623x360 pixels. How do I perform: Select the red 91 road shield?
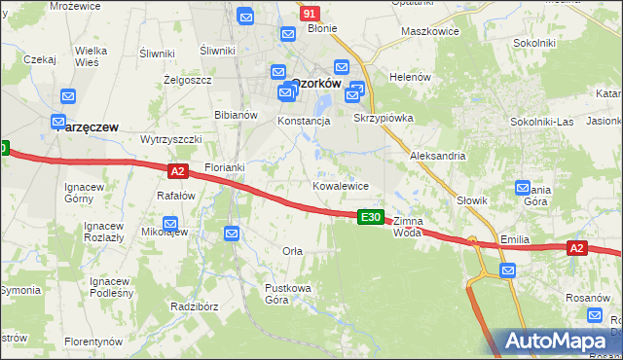click(x=309, y=14)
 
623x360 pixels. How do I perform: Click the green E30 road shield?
click(x=370, y=217)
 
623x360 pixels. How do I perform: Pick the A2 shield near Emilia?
click(x=576, y=248)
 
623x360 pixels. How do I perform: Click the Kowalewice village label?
click(x=340, y=185)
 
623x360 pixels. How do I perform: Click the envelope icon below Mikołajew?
click(x=232, y=234)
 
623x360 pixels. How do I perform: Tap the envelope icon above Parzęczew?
click(x=68, y=97)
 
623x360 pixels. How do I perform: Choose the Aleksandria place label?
click(x=438, y=156)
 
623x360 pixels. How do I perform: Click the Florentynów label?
click(x=93, y=342)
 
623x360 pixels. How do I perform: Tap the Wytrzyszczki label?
click(x=170, y=139)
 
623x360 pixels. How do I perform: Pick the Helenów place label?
click(x=409, y=77)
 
